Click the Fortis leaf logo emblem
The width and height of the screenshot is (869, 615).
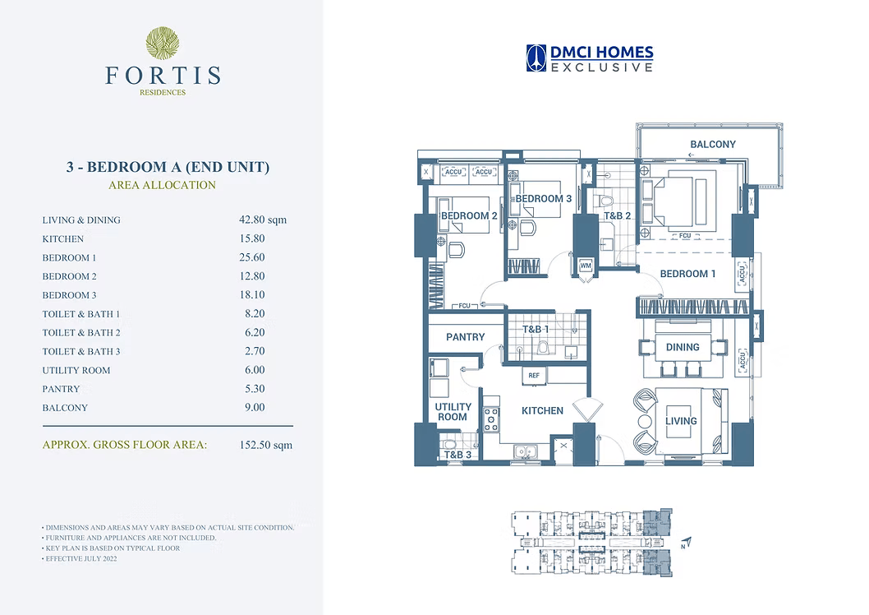pos(163,44)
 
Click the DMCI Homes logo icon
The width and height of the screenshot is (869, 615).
pos(536,58)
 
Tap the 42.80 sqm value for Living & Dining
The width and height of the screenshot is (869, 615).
pos(263,220)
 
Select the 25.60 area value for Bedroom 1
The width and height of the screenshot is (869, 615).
pos(252,257)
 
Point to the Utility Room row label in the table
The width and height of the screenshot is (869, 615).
pos(76,371)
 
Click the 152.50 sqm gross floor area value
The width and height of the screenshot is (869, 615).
pos(266,445)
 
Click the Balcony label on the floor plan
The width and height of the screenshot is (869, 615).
pos(713,144)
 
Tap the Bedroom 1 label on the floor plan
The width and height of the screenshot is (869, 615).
pos(687,274)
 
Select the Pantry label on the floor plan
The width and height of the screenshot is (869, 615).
pos(466,337)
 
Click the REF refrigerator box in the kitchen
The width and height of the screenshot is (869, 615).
pos(534,376)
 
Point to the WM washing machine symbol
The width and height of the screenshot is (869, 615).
pos(586,266)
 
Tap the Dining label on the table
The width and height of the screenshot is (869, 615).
pos(683,347)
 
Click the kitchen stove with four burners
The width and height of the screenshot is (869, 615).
pos(491,419)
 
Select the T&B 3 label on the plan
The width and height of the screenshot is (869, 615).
pos(457,455)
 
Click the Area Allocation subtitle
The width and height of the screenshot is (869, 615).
pos(162,185)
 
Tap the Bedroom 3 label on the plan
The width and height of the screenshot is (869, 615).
pos(543,198)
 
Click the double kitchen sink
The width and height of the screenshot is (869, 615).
pos(524,452)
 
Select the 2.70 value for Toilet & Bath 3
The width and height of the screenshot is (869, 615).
pos(255,351)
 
